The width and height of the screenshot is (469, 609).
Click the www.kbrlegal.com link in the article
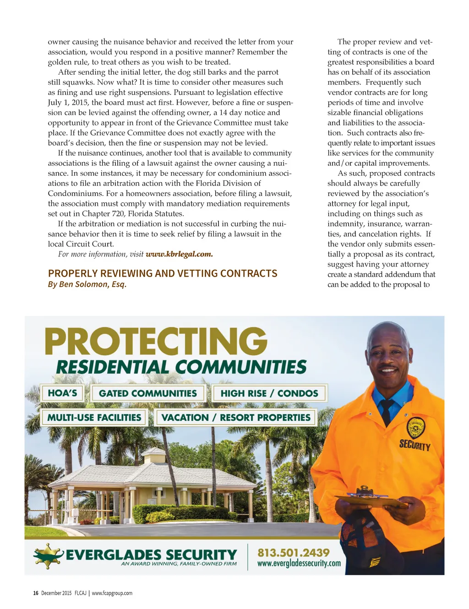coord(179,254)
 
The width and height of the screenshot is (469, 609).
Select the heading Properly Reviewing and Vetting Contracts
coord(163,273)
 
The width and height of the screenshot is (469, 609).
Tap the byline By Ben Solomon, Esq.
coord(87,284)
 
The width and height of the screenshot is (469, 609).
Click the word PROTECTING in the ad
coord(156,342)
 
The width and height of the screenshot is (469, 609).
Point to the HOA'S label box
coord(62,393)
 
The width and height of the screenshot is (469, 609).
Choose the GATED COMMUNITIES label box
coord(147,393)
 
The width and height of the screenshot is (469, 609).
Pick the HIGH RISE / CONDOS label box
coord(269,393)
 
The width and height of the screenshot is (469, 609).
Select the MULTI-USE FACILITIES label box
coord(94,418)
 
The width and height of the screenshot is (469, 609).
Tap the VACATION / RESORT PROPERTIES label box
coord(236,418)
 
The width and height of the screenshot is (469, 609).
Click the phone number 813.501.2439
coord(294,553)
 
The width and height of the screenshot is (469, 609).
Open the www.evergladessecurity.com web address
coord(299,564)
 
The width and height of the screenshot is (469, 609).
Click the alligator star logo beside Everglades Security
coord(48,555)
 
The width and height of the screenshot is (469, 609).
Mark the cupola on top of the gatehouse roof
coord(156,455)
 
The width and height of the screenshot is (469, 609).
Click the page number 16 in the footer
coord(35,593)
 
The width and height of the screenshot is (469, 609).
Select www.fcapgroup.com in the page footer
coord(112,593)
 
